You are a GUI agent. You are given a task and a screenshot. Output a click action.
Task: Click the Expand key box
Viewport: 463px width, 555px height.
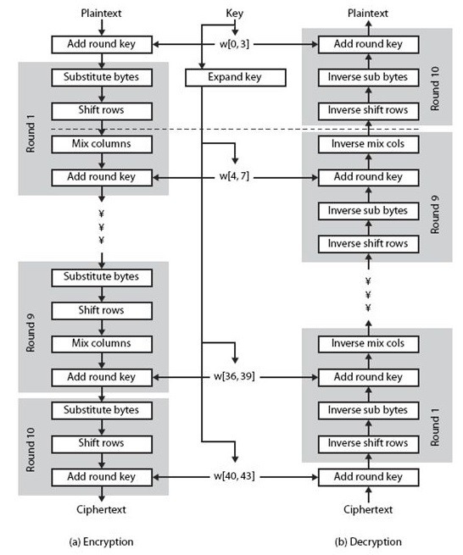pos(236,77)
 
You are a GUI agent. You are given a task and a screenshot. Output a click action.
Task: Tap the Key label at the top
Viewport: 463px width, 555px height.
pos(235,14)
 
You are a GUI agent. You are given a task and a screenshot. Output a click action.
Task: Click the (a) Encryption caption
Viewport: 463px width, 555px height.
pos(101,542)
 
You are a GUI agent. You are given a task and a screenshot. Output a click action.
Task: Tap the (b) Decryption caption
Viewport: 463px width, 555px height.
pos(368,542)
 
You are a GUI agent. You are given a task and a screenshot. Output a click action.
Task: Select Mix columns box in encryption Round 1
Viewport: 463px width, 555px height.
pos(102,144)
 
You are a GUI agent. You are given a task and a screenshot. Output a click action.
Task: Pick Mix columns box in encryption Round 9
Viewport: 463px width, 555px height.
pos(102,344)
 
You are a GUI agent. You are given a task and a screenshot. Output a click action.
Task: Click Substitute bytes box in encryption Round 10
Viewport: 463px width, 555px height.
pos(102,411)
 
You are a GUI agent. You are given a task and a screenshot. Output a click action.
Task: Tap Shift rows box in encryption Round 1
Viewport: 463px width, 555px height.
pos(102,111)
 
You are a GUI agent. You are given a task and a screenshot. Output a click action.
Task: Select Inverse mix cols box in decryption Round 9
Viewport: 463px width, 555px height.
pos(368,144)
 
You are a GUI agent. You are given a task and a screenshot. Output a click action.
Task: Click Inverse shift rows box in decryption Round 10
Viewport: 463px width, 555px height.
pos(368,111)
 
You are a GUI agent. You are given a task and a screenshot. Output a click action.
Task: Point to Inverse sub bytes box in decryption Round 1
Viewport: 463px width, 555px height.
pos(368,411)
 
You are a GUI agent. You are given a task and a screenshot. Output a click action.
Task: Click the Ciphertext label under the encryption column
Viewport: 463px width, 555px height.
pos(101,510)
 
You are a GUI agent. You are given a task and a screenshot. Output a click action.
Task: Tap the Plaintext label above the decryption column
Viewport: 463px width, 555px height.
pos(368,14)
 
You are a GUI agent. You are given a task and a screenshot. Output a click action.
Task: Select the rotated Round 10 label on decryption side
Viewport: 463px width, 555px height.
pos(435,88)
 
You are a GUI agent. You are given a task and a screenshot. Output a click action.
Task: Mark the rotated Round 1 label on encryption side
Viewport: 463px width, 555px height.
pos(31,133)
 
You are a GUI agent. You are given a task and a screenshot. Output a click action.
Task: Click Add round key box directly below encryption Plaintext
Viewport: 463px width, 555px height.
pos(102,45)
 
